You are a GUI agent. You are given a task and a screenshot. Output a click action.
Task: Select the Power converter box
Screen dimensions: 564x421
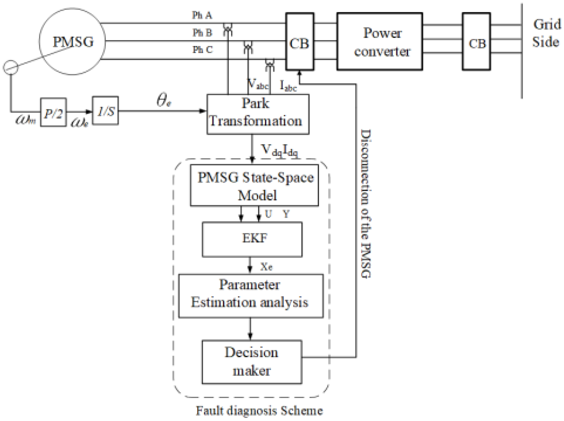[x=380, y=41]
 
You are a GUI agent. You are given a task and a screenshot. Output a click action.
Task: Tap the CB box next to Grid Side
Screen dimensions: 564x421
[x=476, y=41]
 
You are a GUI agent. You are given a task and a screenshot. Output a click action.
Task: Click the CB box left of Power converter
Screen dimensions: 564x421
[x=300, y=41]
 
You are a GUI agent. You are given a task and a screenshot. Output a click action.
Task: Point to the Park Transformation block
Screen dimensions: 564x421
[x=258, y=114]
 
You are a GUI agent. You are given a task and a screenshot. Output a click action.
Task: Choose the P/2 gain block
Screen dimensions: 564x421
[x=54, y=112]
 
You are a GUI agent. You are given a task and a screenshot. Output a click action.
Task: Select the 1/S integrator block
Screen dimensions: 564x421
[x=105, y=110]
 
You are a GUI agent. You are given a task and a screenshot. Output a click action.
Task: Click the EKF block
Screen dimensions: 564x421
[x=252, y=239]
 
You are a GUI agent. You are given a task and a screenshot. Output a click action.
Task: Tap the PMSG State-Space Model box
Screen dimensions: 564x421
[x=254, y=185]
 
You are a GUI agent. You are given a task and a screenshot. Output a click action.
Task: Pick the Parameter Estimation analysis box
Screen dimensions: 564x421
[x=251, y=296]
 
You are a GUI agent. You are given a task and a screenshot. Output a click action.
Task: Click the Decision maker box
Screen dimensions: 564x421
[x=252, y=362]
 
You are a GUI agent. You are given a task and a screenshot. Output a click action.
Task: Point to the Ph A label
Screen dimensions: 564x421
[x=202, y=15]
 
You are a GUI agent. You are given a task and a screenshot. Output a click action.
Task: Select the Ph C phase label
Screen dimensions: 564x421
[x=203, y=49]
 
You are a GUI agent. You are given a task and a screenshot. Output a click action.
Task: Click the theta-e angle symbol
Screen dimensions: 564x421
[x=164, y=100]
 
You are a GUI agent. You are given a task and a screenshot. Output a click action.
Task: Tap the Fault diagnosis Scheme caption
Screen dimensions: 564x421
[x=259, y=411]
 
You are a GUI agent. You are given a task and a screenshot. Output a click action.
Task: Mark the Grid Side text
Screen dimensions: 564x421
[x=547, y=33]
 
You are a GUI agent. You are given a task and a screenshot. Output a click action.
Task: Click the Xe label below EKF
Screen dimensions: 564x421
[x=266, y=267]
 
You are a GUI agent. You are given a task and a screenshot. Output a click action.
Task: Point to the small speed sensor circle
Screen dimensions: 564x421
[x=10, y=67]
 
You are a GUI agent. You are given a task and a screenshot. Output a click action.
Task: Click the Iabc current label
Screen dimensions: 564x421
[x=288, y=86]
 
